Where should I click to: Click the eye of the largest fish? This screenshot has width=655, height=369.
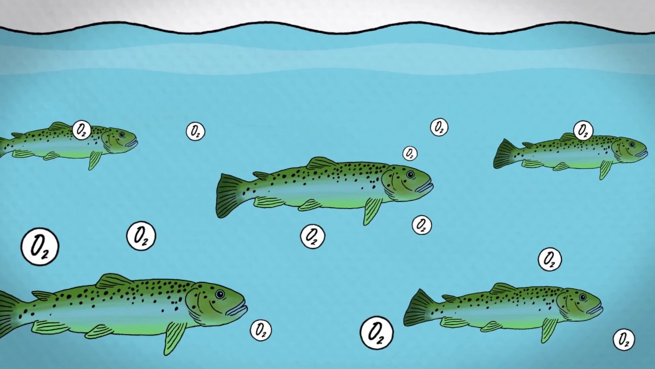pyautogui.click(x=220, y=294)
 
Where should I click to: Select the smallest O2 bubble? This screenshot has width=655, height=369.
pyautogui.click(x=410, y=153)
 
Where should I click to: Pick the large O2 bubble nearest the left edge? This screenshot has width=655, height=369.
pyautogui.click(x=40, y=247)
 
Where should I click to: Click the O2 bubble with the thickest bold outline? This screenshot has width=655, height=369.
pyautogui.click(x=377, y=333)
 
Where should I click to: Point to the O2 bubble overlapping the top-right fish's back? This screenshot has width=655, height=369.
pyautogui.click(x=583, y=130)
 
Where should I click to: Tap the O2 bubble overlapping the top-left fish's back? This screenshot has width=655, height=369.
pyautogui.click(x=81, y=130)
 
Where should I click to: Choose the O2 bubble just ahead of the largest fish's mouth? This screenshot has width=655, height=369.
pyautogui.click(x=261, y=330)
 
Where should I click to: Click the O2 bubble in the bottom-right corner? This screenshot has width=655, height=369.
pyautogui.click(x=624, y=339)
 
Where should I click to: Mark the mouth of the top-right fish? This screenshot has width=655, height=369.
pyautogui.click(x=642, y=154)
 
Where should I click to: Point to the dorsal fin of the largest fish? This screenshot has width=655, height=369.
pyautogui.click(x=114, y=281)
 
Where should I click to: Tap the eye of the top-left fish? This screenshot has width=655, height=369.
pyautogui.click(x=122, y=134)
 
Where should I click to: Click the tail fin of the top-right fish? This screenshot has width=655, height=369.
pyautogui.click(x=505, y=154)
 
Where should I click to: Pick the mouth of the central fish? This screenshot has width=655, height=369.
pyautogui.click(x=425, y=186)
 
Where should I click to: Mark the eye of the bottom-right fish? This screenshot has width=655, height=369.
pyautogui.click(x=582, y=298)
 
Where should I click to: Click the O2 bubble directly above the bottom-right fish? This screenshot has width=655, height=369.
pyautogui.click(x=550, y=259)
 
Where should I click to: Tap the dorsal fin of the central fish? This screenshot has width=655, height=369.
pyautogui.click(x=322, y=163)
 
